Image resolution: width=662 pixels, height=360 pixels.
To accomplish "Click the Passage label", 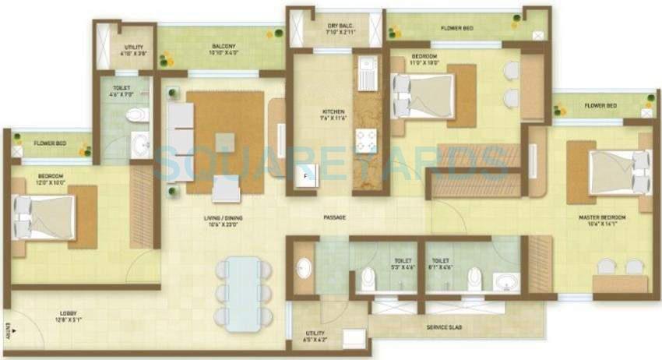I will click(333, 217).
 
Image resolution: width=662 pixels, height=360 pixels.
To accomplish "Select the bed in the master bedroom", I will click(614, 171).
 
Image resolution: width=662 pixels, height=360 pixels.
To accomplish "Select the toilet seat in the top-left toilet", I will click(138, 115).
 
